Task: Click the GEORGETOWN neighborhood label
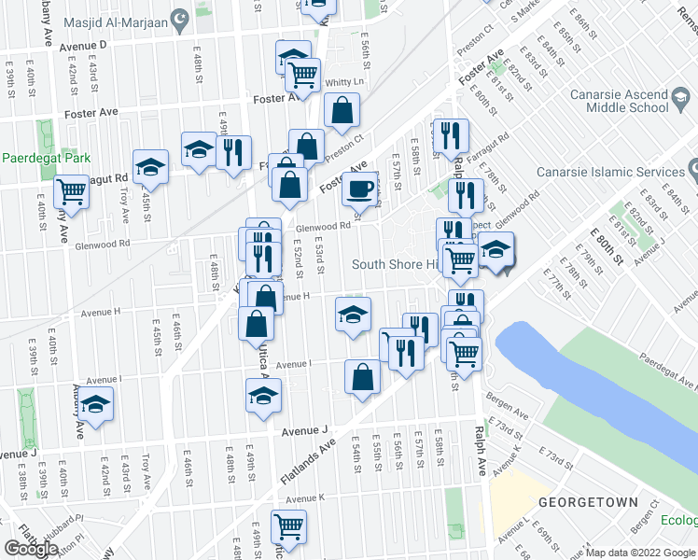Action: coord(601,502)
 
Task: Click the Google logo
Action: coord(30,548)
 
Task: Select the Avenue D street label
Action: coord(84,45)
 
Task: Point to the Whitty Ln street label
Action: coord(342,83)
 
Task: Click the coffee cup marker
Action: coord(359,189)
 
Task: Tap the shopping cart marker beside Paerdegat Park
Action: coord(71,191)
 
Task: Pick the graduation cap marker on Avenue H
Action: coord(354,314)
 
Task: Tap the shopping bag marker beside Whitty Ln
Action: coord(342,109)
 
